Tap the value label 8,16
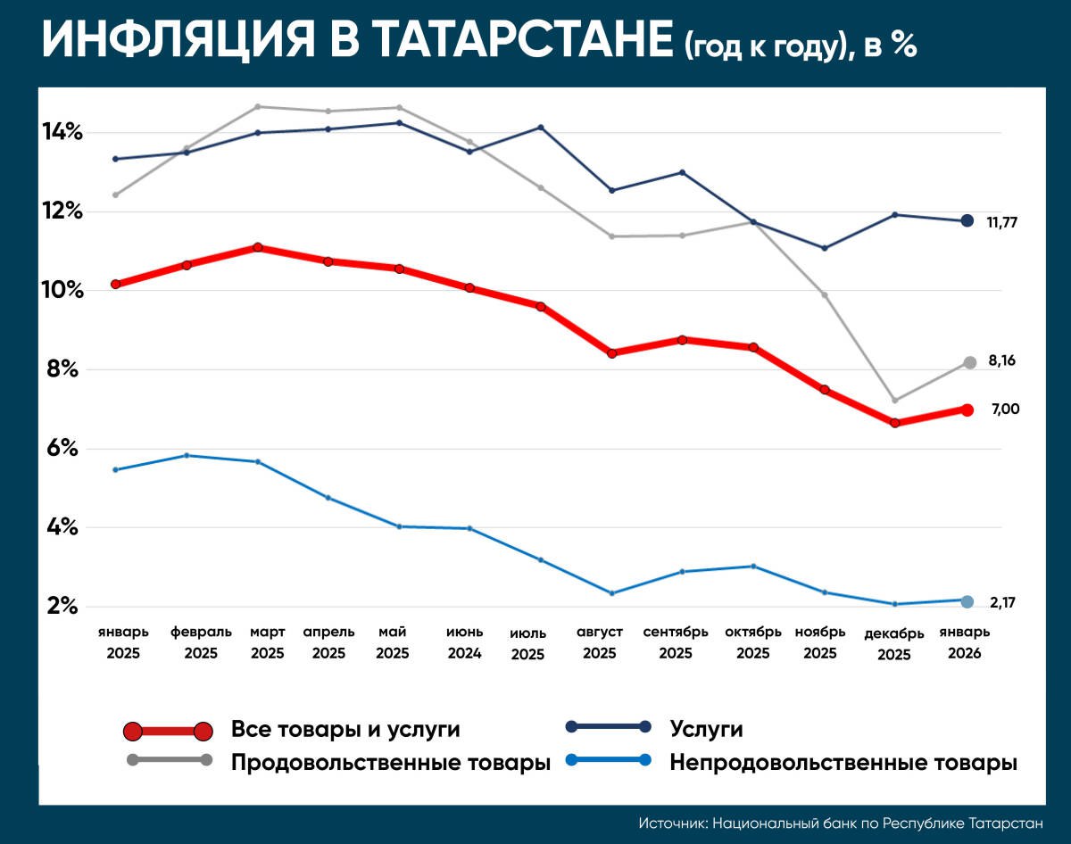[1001, 361]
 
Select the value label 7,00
[1005, 410]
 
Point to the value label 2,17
[1002, 603]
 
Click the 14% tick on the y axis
[63, 133]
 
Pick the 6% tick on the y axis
[63, 449]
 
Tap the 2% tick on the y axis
[63, 607]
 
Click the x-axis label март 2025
[267, 642]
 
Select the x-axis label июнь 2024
[465, 642]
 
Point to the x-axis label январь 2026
[963, 642]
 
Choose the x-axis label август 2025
[600, 642]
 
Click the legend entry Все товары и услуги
[345, 730]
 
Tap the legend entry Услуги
[706, 730]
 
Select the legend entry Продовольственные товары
[390, 764]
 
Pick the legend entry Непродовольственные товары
[843, 764]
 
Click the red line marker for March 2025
[258, 247]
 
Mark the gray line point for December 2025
[894, 401]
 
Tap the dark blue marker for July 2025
[540, 128]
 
